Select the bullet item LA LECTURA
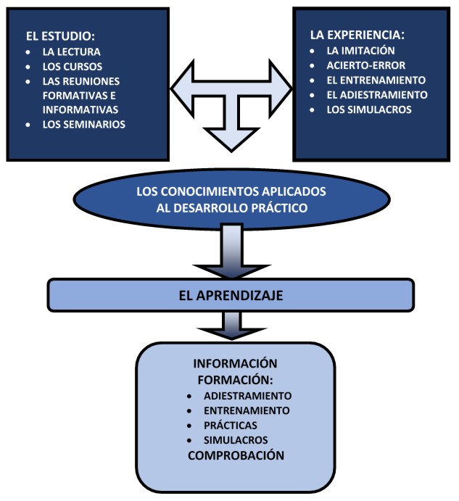(72, 52)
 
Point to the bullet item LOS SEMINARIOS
(83, 124)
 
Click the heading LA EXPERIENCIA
(357, 34)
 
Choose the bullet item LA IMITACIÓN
(360, 51)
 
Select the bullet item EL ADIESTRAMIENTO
(377, 94)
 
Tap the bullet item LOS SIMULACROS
(369, 109)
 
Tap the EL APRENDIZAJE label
(231, 294)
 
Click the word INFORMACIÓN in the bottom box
(235, 363)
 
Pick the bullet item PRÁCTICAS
(230, 425)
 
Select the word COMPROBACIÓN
(235, 455)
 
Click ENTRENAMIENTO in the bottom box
(247, 410)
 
